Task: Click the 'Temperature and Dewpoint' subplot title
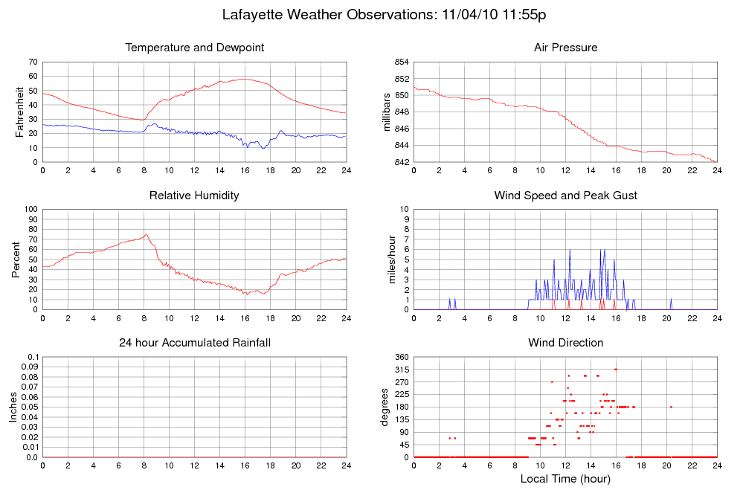(x=195, y=48)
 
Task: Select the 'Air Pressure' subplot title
(x=565, y=48)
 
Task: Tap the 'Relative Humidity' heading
(x=195, y=196)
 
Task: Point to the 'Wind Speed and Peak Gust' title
(x=565, y=196)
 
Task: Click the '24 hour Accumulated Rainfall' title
(x=195, y=343)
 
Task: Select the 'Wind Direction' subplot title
(x=565, y=343)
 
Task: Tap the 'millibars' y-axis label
(x=386, y=112)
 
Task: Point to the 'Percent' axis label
(x=16, y=259)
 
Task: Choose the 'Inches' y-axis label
(x=14, y=407)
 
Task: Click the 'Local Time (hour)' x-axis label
(x=565, y=479)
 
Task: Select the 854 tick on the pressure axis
(x=401, y=62)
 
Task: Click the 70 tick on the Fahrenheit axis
(x=33, y=62)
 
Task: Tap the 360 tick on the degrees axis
(x=401, y=358)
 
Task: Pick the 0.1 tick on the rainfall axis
(x=30, y=358)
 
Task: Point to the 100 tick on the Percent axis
(x=30, y=210)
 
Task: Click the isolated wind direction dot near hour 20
(x=671, y=407)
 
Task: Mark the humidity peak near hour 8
(x=146, y=235)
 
